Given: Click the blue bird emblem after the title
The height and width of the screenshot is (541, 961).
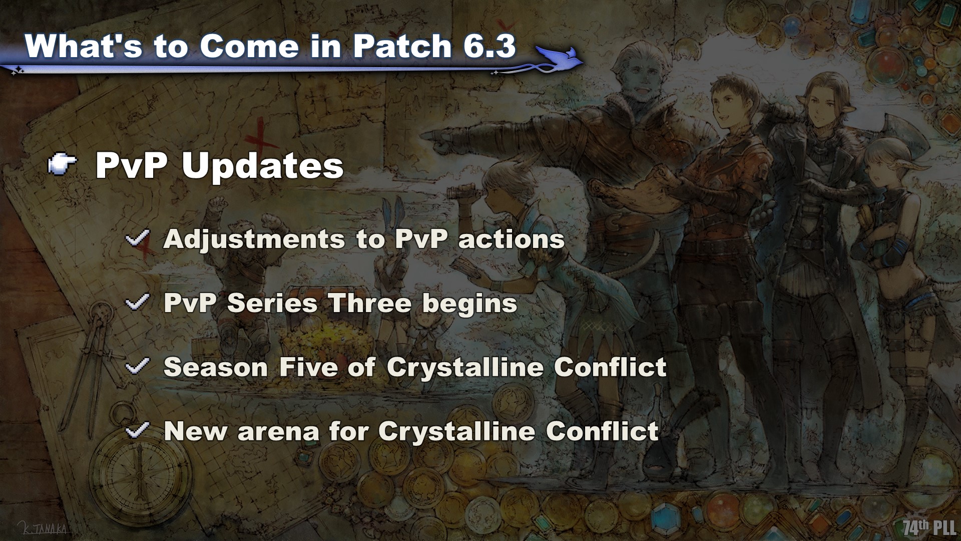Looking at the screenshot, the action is coord(557,57).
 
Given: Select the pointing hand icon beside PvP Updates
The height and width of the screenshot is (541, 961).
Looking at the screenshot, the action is coord(63,165).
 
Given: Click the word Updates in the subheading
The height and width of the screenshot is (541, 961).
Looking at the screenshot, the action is coord(263,166).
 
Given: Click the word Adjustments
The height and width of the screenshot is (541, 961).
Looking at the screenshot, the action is coord(254,239).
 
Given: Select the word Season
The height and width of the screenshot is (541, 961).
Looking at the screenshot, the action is coord(216,367).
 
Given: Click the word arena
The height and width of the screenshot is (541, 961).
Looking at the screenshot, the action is coord(278,431).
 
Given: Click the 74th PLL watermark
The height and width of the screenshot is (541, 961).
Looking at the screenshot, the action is coord(929,527).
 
